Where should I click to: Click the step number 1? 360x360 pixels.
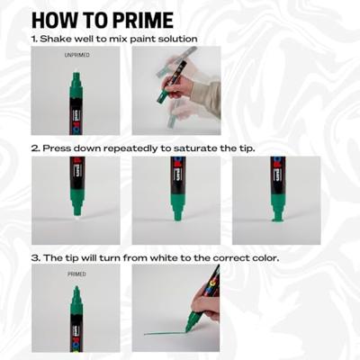[x=34, y=39]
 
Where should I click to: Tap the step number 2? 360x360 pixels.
[x=34, y=148]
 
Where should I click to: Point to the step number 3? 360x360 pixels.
[x=34, y=257]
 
